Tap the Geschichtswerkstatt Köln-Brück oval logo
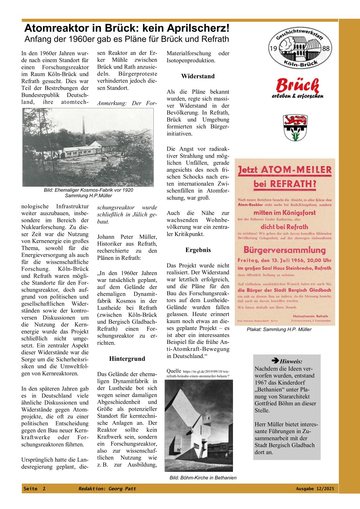coord(300,49)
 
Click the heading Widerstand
coord(198,76)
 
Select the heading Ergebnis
coord(198,250)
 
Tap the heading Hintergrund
coord(127,359)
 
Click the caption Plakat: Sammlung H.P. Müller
coord(279,330)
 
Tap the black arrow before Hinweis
coord(275,361)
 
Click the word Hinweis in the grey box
coord(291,361)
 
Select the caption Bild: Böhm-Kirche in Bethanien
coord(203,478)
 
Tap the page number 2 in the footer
coord(44,489)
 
